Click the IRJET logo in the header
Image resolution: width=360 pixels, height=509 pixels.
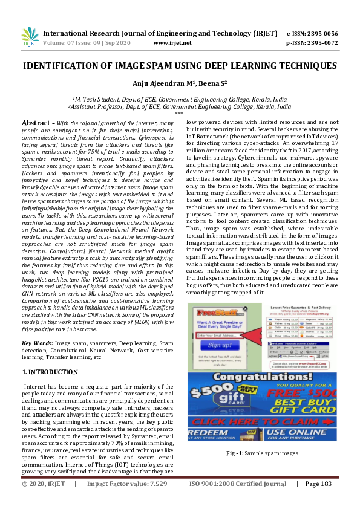(30, 37)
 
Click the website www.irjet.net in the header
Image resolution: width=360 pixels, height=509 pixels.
(173, 43)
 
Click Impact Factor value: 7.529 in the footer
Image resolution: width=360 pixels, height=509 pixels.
(126, 501)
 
